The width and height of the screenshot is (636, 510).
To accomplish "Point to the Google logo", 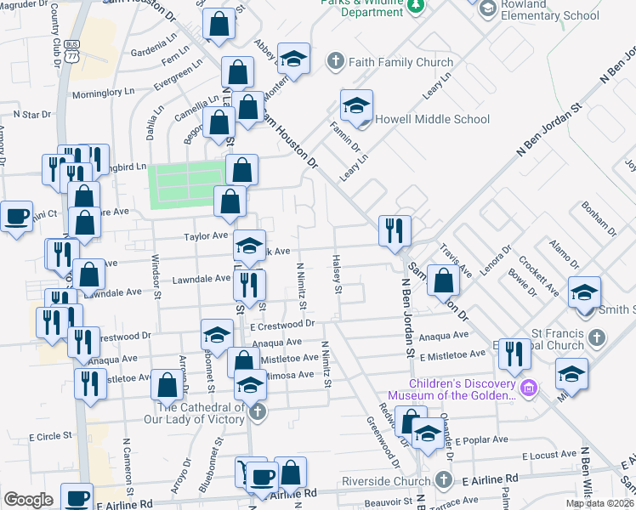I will (28, 500).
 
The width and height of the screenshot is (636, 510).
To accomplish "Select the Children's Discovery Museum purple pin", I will (529, 388).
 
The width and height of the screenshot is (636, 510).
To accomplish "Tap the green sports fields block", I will (186, 185).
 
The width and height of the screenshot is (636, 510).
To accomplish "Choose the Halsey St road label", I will (338, 274).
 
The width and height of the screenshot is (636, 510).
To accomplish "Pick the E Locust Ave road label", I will (551, 456).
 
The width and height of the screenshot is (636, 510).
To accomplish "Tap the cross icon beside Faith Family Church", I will (335, 61).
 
